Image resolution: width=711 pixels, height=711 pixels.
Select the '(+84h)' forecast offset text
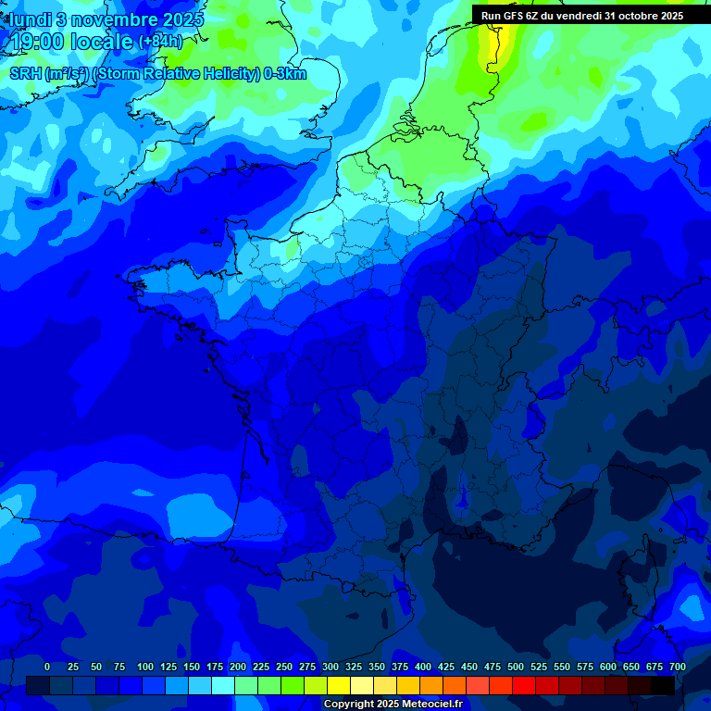pyautogui.click(x=160, y=42)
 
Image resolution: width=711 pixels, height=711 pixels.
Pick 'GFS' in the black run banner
pyautogui.click(x=517, y=16)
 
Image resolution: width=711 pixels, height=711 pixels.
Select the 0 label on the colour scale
pyautogui.click(x=47, y=667)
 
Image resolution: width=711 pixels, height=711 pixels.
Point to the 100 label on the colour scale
pyautogui.click(x=145, y=667)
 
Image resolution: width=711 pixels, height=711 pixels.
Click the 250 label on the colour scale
pyautogui.click(x=284, y=667)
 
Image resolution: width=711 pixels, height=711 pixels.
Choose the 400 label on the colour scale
pyautogui.click(x=423, y=667)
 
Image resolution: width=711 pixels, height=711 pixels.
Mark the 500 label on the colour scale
pyautogui.click(x=516, y=667)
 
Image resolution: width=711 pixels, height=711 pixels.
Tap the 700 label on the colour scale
pyautogui.click(x=677, y=667)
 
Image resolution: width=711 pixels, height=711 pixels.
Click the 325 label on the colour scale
pyautogui.click(x=354, y=667)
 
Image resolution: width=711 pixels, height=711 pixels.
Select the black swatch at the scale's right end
pyautogui.click(x=663, y=685)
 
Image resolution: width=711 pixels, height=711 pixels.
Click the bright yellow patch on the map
pyautogui.click(x=488, y=51)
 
